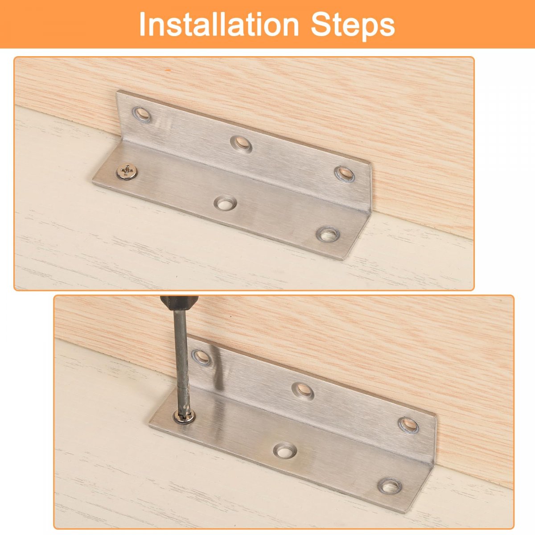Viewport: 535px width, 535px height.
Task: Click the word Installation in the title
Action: (218, 24)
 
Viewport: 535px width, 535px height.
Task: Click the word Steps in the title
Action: (353, 26)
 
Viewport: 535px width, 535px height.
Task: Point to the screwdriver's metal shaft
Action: (181, 361)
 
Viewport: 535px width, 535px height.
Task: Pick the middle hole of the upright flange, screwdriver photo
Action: (304, 391)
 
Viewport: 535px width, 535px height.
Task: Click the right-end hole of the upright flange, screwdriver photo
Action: (408, 425)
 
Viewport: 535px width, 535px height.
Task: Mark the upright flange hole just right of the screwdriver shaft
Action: (201, 357)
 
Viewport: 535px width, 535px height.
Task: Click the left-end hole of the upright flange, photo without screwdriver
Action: (141, 114)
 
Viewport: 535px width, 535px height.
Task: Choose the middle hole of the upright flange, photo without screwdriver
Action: (241, 144)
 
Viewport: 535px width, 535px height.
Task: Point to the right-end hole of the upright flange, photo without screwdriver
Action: (344, 174)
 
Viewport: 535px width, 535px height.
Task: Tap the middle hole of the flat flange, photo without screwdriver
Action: (225, 203)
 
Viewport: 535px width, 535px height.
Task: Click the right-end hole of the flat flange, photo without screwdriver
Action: (328, 235)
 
